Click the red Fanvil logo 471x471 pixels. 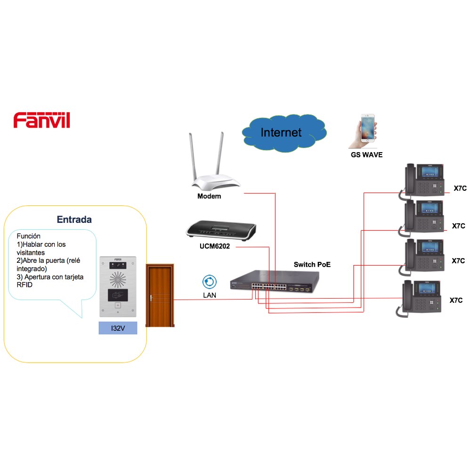coord(42,120)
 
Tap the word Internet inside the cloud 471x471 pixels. coord(281,132)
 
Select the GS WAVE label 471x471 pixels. coord(366,154)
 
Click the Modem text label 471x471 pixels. coord(209,196)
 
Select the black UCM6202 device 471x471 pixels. coord(221,230)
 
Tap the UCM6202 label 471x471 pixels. coord(214,246)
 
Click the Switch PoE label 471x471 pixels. coord(312,265)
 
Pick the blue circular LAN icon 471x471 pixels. coord(210,282)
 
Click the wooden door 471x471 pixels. coord(160,295)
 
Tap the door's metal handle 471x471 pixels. coord(151,298)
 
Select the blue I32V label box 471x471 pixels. coord(118,328)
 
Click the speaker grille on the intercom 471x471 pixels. coord(118,280)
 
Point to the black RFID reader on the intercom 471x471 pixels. coord(118,295)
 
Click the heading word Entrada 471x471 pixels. coord(74,219)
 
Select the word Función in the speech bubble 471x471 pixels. coord(29,236)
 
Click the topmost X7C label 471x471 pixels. coord(460,188)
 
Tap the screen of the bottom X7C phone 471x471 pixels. coord(427,288)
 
